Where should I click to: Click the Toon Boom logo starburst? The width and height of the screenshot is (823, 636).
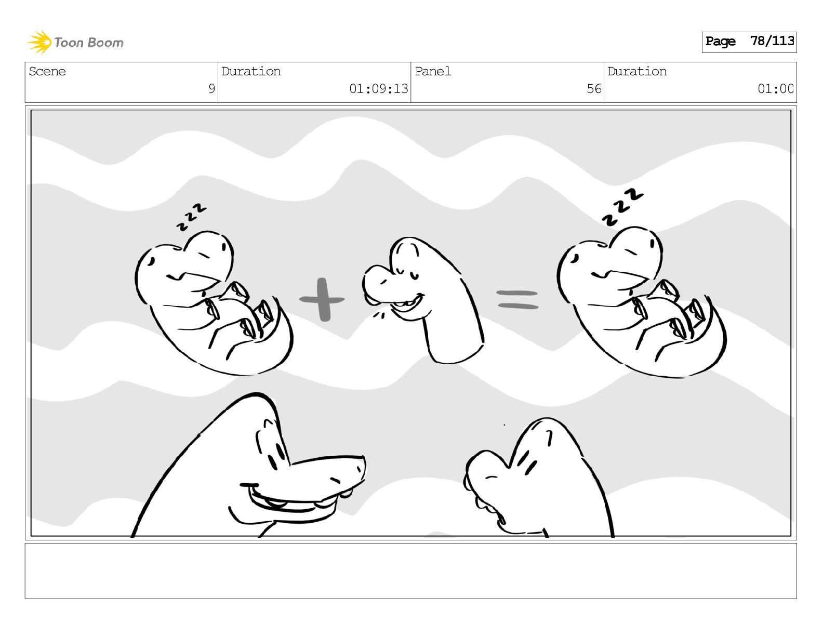click(x=39, y=42)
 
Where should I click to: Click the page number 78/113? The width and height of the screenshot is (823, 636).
click(x=772, y=41)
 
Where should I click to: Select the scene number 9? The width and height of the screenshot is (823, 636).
click(x=211, y=89)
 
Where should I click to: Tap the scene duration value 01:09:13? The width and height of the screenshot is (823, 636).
click(x=378, y=89)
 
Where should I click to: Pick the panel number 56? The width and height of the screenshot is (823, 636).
click(x=594, y=89)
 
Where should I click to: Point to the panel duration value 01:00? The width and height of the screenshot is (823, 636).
click(x=775, y=89)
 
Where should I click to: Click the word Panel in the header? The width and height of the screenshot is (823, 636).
click(x=433, y=71)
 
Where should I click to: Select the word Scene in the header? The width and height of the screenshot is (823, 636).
click(x=47, y=71)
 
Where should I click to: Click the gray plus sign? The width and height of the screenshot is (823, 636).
click(x=322, y=300)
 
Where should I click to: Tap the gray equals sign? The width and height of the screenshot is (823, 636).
click(x=517, y=299)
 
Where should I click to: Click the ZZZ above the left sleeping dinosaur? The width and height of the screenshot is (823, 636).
click(x=192, y=217)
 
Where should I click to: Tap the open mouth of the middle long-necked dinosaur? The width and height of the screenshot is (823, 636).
click(x=407, y=305)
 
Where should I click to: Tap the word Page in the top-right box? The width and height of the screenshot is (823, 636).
click(x=720, y=41)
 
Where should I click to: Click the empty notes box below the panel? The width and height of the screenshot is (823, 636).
click(x=411, y=571)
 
